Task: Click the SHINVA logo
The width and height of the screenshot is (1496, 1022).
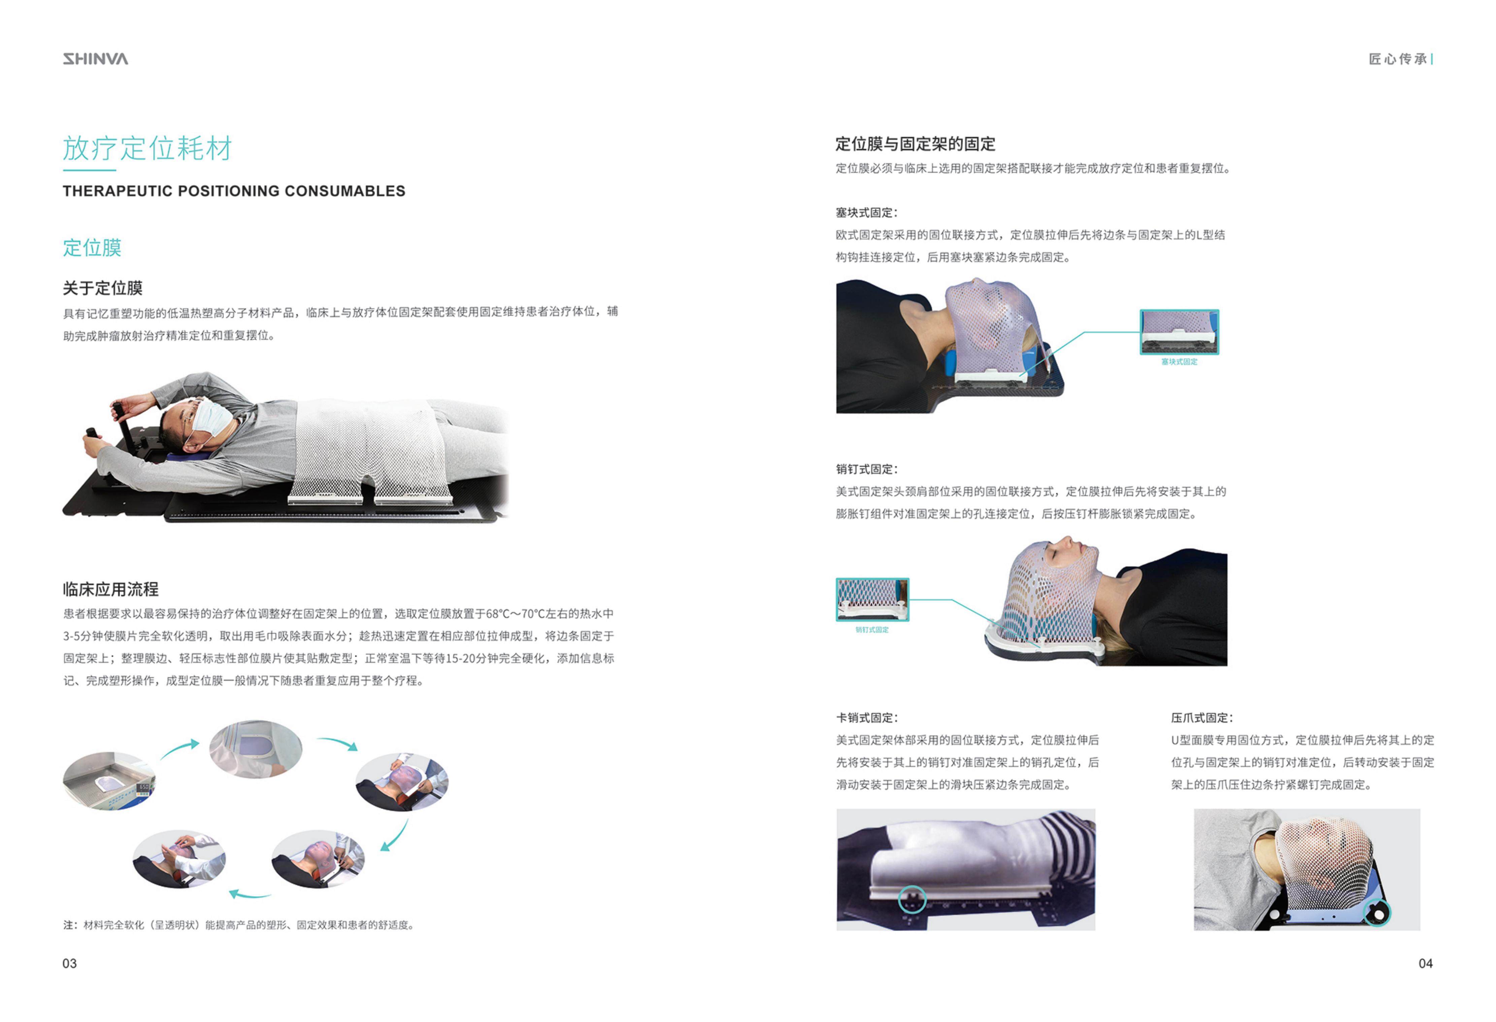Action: pos(95,59)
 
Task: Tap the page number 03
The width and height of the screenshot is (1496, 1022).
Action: pos(70,963)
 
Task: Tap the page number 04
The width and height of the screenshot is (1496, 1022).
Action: pos(1425,963)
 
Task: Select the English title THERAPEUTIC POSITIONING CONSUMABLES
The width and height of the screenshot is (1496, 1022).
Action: pos(234,191)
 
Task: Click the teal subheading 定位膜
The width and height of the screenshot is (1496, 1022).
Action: pos(92,248)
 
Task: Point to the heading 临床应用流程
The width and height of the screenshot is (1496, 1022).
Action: pos(110,589)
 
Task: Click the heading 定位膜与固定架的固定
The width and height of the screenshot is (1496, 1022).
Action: pos(915,143)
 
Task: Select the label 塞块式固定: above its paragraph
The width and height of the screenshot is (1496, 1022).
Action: pos(866,212)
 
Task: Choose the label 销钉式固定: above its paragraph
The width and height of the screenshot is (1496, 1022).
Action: pos(866,469)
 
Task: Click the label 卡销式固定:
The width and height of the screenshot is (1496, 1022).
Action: pos(866,718)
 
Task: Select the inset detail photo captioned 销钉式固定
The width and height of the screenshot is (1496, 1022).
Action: pos(872,599)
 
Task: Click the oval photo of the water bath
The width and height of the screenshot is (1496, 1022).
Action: pos(109,781)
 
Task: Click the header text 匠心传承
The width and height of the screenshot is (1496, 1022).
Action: pos(1397,59)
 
